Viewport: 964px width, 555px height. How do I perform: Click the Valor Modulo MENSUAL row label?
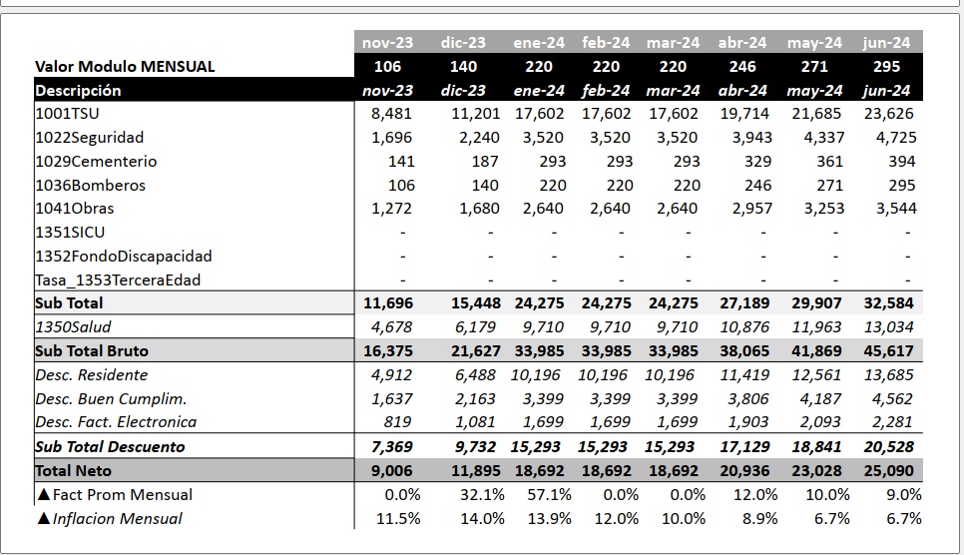pyautogui.click(x=125, y=67)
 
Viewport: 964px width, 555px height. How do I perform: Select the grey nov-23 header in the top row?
pyautogui.click(x=387, y=43)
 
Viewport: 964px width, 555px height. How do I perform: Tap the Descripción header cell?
pyautogui.click(x=78, y=91)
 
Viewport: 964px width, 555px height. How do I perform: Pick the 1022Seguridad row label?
pyautogui.click(x=90, y=138)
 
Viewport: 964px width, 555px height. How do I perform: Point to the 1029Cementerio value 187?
pyautogui.click(x=484, y=161)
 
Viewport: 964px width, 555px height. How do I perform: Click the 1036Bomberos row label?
pyautogui.click(x=91, y=186)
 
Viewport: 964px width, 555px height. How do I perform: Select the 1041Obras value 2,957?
pyautogui.click(x=751, y=209)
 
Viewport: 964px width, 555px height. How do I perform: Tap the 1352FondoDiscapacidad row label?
pyautogui.click(x=124, y=256)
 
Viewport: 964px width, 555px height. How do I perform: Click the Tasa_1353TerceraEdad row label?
pyautogui.click(x=118, y=279)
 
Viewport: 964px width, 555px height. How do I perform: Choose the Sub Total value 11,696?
pyautogui.click(x=388, y=303)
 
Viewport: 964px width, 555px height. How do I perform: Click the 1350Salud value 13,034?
pyautogui.click(x=888, y=327)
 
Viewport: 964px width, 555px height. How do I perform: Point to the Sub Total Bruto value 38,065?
pyautogui.click(x=744, y=351)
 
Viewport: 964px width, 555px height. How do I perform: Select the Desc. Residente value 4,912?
pyautogui.click(x=391, y=374)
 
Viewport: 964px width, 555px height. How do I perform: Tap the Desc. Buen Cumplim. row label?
pyautogui.click(x=111, y=398)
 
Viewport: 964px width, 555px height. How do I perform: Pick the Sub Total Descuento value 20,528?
pyautogui.click(x=888, y=447)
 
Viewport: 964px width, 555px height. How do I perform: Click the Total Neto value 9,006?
pyautogui.click(x=391, y=471)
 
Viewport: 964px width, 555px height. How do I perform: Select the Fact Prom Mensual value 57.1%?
pyautogui.click(x=549, y=495)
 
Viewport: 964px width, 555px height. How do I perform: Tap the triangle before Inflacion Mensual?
pyautogui.click(x=43, y=518)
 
